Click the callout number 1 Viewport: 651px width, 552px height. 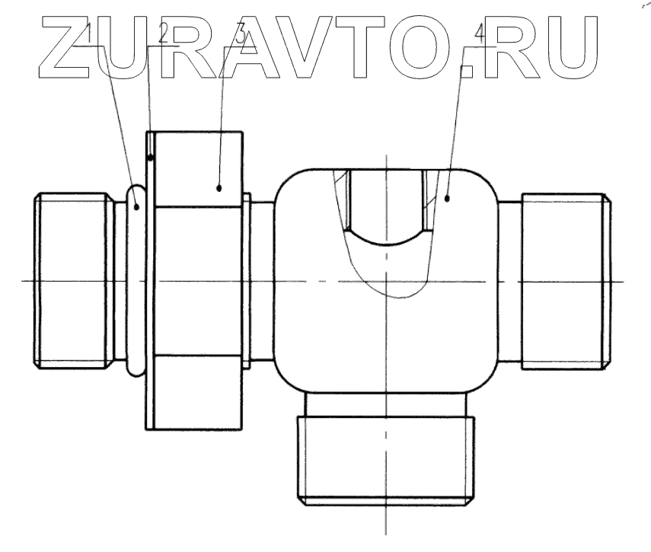click(89, 34)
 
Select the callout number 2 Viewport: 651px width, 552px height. click(162, 34)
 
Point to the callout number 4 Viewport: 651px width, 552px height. click(478, 34)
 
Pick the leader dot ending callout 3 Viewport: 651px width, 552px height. click(219, 187)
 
